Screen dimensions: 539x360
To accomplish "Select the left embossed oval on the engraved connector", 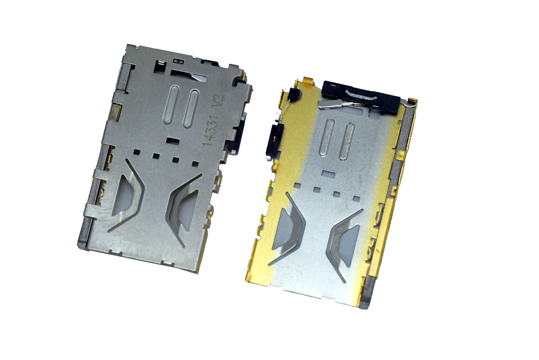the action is coord(171,105).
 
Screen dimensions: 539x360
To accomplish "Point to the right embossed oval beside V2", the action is coord(191,109).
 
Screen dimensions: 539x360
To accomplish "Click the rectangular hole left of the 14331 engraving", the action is coord(173,140).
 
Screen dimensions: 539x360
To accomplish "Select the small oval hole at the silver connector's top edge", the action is coord(178,61).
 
